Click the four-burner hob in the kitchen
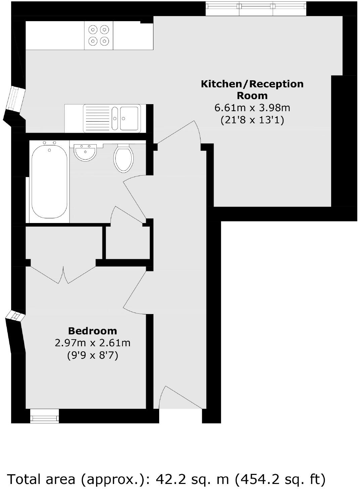(x=99, y=35)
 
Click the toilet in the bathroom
(x=124, y=158)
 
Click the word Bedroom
(x=92, y=331)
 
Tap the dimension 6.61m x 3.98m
(x=252, y=108)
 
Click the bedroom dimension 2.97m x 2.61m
(x=92, y=343)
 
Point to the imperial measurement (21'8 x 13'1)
(x=252, y=120)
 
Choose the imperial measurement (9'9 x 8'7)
(x=92, y=355)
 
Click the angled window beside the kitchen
(x=15, y=99)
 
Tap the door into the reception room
(x=180, y=133)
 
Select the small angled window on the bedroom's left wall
(x=15, y=316)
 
